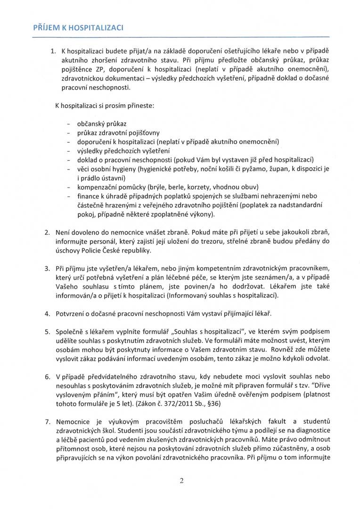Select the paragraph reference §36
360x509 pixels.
click(219, 403)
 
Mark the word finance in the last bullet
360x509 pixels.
click(88, 195)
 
